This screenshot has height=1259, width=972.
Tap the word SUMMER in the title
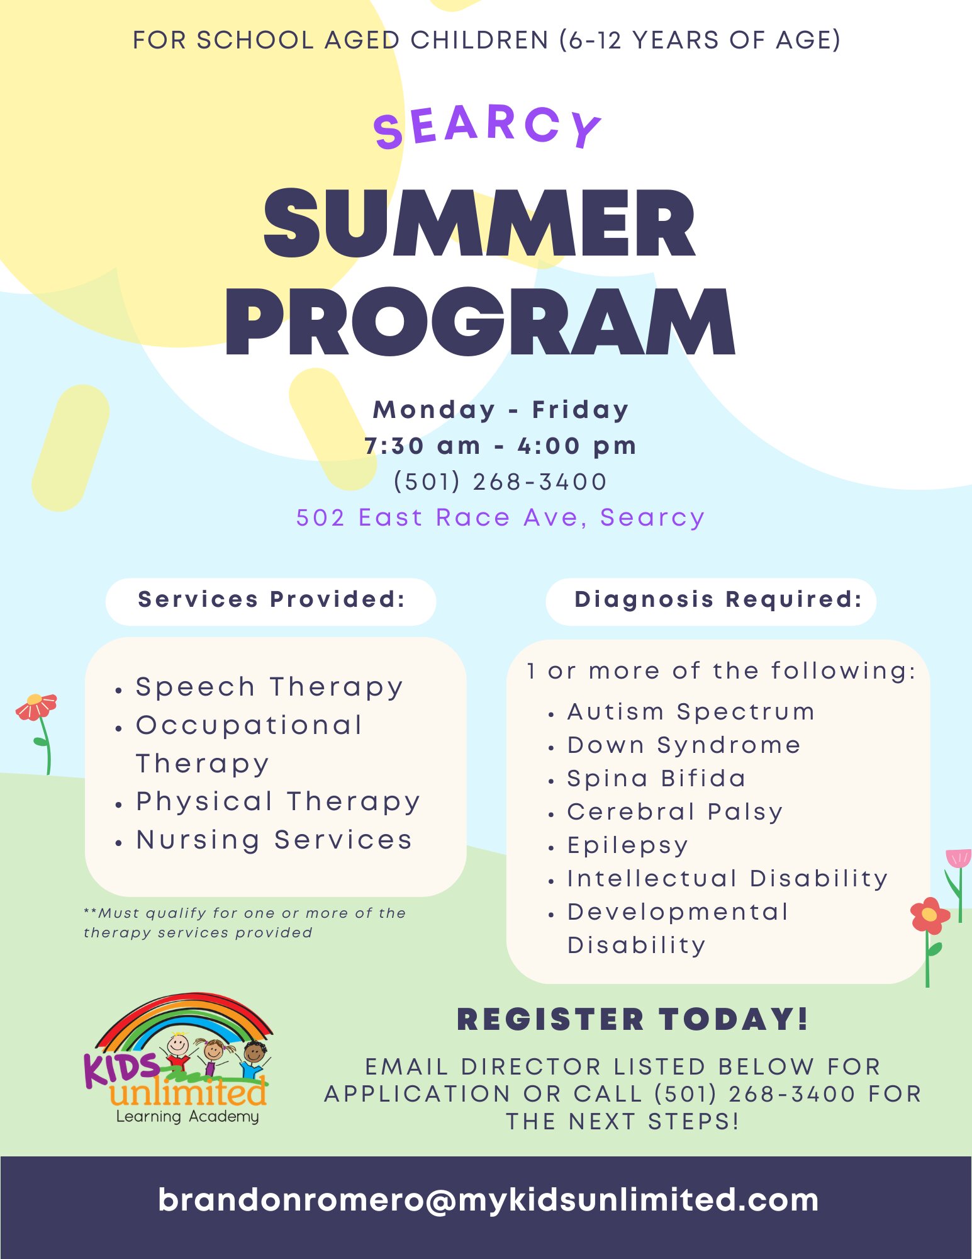(x=480, y=223)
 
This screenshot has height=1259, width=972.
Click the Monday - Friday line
(x=501, y=410)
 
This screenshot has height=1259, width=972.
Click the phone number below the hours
(x=500, y=482)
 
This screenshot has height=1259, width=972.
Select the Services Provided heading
(x=271, y=599)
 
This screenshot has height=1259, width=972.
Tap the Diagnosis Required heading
(x=718, y=599)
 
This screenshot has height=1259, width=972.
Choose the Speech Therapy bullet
(x=269, y=687)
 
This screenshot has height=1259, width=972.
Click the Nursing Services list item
(x=274, y=840)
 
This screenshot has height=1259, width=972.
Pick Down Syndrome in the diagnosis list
(x=684, y=745)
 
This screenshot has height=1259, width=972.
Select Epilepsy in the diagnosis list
(x=628, y=845)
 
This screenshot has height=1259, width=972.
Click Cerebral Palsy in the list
(x=675, y=812)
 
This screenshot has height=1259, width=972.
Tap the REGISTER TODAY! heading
(x=632, y=1019)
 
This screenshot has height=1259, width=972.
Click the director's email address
(x=488, y=1200)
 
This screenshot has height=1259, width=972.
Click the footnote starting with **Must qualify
(x=245, y=923)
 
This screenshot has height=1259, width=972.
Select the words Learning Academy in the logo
(x=187, y=1117)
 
